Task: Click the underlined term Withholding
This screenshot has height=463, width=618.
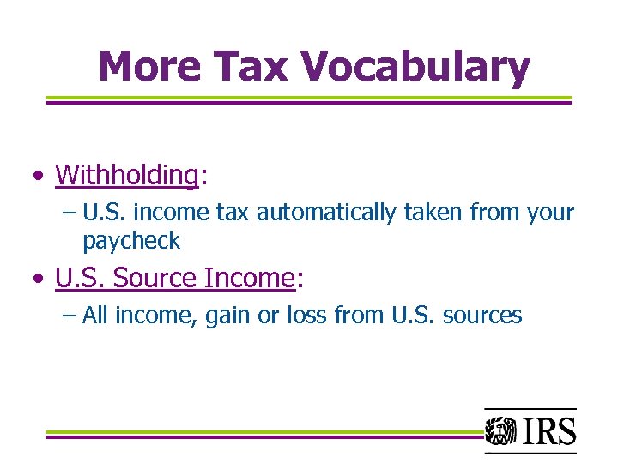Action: click(126, 176)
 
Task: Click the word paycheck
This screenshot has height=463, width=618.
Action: click(131, 242)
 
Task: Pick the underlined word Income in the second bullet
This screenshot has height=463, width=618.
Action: click(250, 279)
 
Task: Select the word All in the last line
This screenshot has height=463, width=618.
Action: click(95, 316)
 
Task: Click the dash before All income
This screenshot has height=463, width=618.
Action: click(70, 316)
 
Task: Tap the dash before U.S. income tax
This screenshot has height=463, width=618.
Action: click(70, 213)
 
